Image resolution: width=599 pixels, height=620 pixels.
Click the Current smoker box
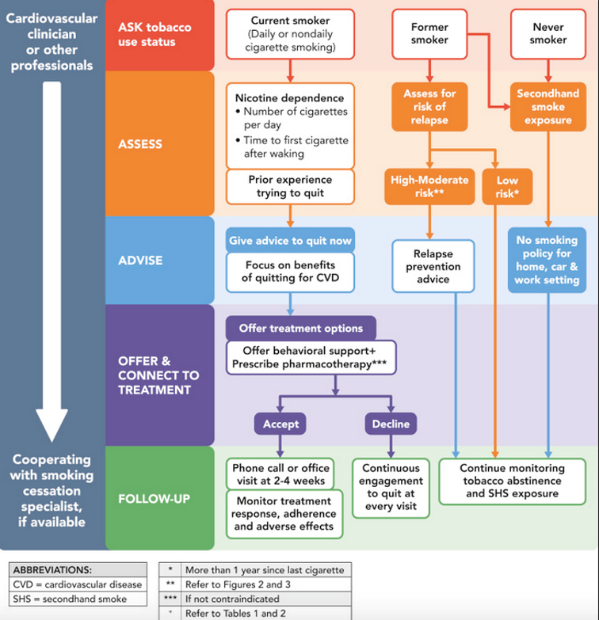tap(292, 34)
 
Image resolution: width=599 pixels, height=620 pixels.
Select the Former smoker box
tap(429, 34)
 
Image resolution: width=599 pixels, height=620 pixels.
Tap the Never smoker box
tap(548, 34)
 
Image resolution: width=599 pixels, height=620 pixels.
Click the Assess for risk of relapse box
tap(429, 107)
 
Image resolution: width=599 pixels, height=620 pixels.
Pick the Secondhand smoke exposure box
tap(548, 107)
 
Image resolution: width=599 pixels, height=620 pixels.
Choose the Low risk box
tap(507, 186)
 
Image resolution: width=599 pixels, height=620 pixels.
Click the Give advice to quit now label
tap(291, 241)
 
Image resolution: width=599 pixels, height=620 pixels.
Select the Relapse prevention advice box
tap(433, 267)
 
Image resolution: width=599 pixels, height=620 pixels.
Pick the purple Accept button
tap(281, 424)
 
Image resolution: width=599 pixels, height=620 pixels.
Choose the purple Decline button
tap(391, 424)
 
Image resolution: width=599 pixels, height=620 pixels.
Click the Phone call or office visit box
tap(280, 474)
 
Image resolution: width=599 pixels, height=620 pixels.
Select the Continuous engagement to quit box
tap(391, 487)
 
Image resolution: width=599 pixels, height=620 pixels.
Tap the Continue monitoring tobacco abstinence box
tap(512, 480)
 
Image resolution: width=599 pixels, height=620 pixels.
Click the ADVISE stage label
tap(140, 260)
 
